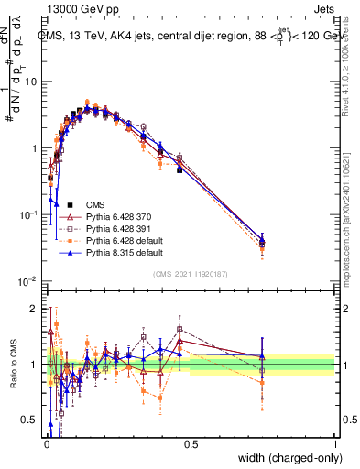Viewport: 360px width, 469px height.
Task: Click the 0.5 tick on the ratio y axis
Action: pos(33,420)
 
